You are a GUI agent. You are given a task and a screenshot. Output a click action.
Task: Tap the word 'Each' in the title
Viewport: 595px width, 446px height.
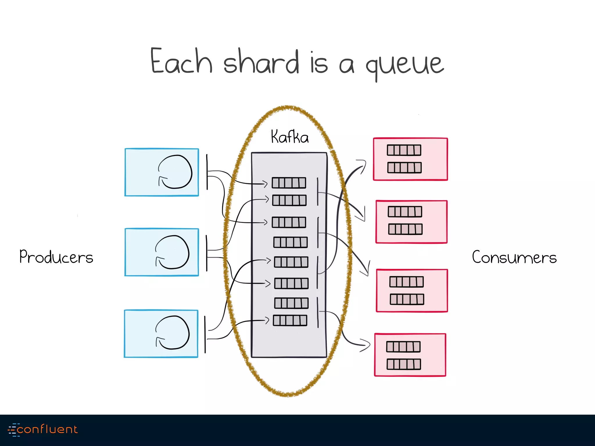[181, 61]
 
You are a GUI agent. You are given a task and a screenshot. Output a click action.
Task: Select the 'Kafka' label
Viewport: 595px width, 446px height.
[290, 137]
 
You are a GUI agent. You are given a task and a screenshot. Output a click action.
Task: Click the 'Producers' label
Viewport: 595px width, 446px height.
[56, 257]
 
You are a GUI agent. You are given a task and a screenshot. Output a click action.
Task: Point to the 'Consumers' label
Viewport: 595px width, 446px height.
[514, 257]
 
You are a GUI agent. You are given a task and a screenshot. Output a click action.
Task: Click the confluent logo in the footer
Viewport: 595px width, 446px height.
[43, 429]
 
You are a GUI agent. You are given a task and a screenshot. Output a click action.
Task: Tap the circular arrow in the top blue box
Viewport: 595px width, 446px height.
[175, 172]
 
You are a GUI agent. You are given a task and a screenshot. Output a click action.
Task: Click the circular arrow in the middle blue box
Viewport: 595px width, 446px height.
[172, 252]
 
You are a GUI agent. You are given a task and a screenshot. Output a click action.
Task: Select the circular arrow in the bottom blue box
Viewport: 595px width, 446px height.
[173, 333]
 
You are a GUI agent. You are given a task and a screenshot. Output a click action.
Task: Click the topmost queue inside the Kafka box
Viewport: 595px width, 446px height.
[289, 183]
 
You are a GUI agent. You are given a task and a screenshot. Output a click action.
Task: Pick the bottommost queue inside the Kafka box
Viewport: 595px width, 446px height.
[290, 321]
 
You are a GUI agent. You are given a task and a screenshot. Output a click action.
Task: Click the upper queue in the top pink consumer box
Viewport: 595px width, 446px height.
[404, 150]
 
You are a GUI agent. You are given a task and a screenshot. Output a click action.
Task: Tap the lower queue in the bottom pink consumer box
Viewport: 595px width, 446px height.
[404, 364]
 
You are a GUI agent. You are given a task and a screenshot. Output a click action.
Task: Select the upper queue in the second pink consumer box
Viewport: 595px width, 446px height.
[405, 212]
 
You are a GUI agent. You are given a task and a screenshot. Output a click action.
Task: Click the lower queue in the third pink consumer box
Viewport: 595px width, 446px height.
[407, 299]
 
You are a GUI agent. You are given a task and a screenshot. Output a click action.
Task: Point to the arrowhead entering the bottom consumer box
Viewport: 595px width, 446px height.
[367, 345]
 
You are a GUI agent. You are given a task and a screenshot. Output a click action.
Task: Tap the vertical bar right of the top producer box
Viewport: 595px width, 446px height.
[207, 172]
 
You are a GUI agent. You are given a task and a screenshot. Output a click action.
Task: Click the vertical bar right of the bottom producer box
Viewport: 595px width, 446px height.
[205, 334]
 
